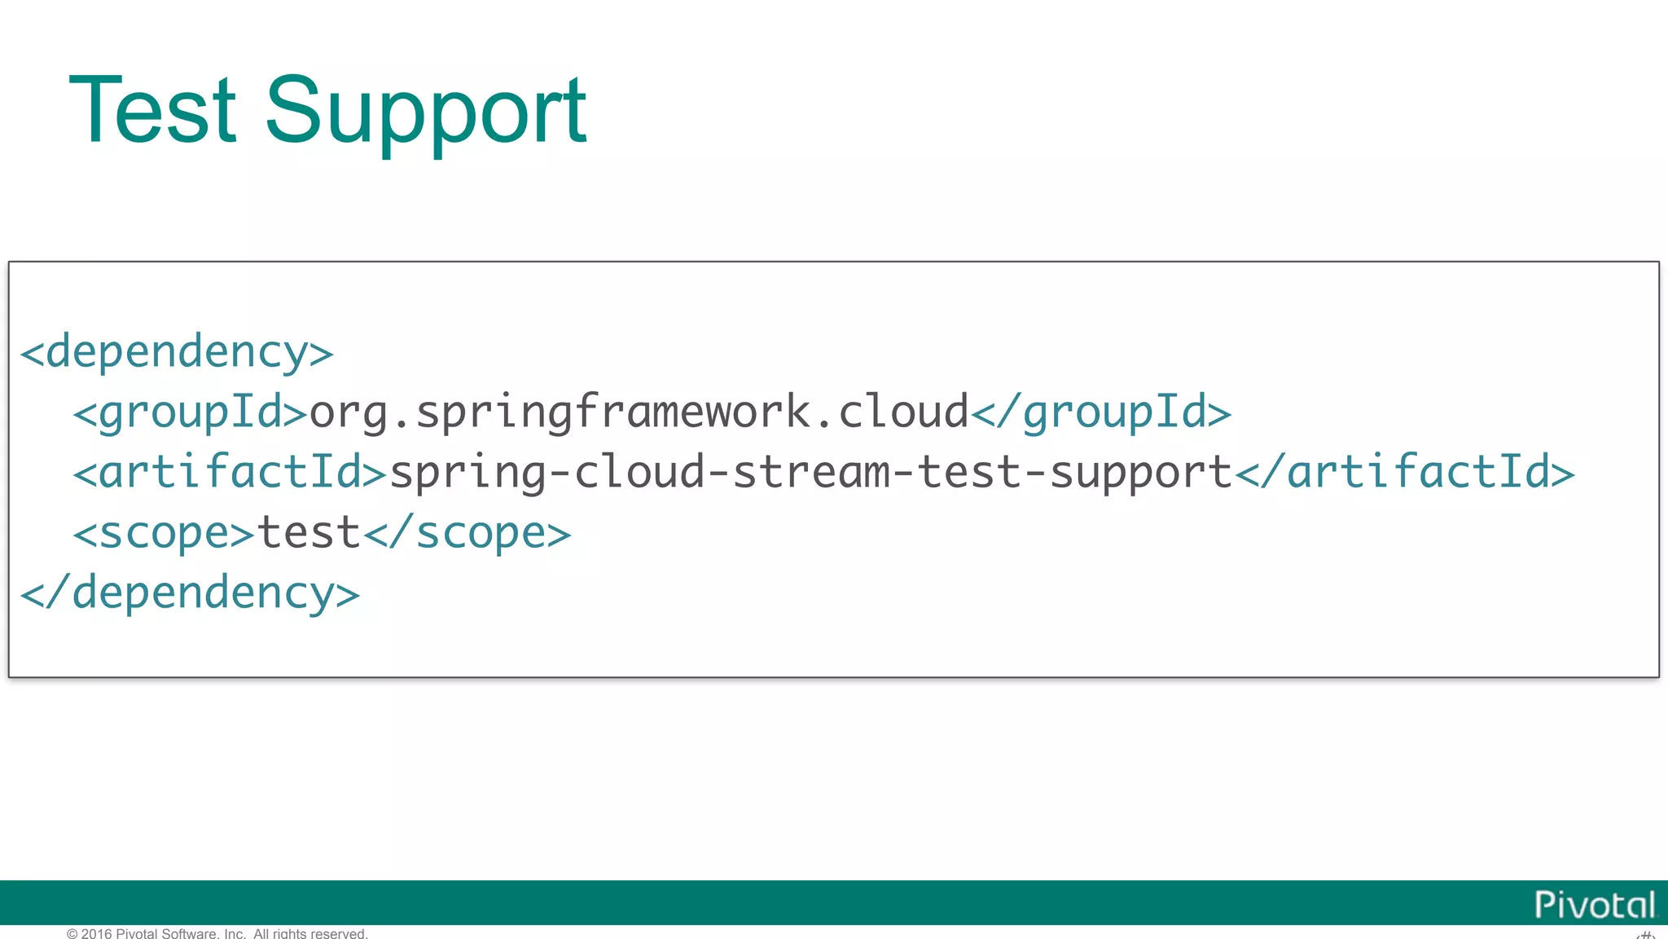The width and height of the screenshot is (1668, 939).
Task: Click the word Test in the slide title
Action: pos(152,110)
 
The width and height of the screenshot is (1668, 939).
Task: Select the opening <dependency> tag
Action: pos(177,352)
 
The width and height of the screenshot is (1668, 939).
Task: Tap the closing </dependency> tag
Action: pos(190,593)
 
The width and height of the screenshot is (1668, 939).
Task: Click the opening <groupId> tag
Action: pos(190,412)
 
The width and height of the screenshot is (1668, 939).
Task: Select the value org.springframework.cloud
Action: pos(639,412)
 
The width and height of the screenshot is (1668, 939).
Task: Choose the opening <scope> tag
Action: pos(164,533)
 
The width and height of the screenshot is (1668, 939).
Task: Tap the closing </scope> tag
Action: pos(467,533)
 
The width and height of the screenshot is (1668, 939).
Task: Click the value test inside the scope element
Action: pos(309,533)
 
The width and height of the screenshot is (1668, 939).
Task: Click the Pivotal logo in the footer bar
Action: pos(1595,905)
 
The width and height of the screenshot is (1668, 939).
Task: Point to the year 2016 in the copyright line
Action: pos(97,933)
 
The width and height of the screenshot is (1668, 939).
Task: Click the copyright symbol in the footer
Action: pos(72,933)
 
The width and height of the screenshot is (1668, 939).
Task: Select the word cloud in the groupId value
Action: pos(903,412)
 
